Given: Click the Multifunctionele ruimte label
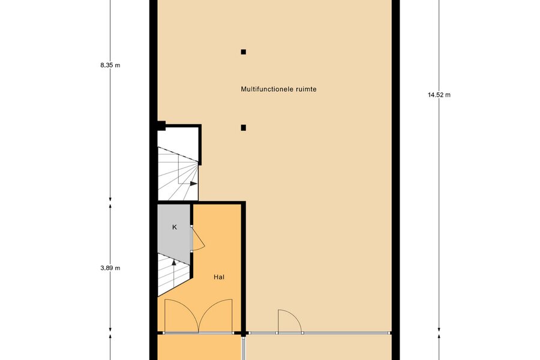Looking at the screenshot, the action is [278, 89].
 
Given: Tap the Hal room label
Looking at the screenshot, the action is [219, 277].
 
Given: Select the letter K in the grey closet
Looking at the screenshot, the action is [174, 227].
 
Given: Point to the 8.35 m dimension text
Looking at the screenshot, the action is [110, 65].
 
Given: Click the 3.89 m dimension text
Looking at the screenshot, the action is [110, 268].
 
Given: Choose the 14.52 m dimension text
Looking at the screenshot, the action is [439, 95].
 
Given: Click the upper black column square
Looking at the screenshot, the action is [244, 52].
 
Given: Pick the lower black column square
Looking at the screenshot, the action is [244, 128].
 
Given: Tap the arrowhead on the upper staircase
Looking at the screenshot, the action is [194, 184].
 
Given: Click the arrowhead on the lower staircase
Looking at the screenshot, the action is [174, 263].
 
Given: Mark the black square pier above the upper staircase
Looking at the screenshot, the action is [161, 126].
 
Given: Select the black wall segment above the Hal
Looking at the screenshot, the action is [201, 203].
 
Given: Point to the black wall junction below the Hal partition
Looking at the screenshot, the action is [244, 334].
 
